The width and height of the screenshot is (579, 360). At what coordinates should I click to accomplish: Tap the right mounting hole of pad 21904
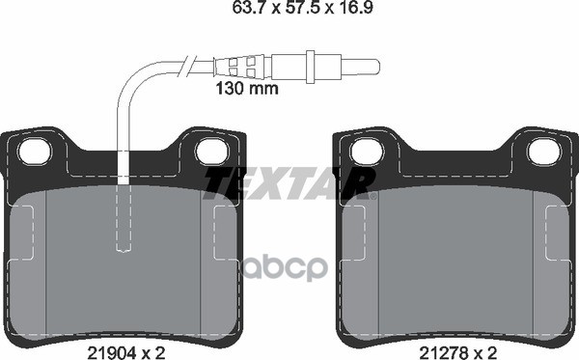tap(208, 151)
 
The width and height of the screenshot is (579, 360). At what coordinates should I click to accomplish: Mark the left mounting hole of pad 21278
tap(366, 151)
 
